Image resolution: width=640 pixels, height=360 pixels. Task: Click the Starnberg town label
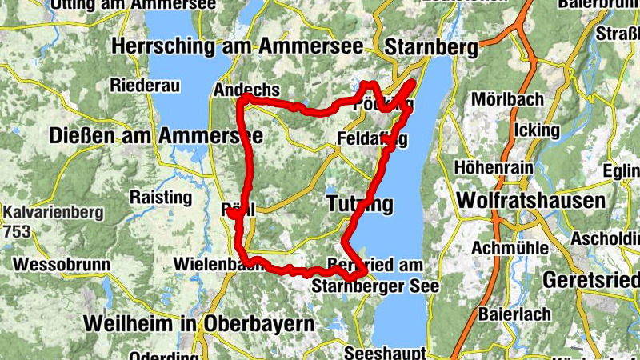click(430, 47)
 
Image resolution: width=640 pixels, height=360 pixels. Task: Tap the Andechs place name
click(246, 90)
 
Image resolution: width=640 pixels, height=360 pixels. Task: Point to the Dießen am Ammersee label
click(156, 136)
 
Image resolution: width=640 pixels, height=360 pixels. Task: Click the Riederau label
click(143, 85)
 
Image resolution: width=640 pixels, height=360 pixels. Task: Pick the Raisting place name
click(162, 197)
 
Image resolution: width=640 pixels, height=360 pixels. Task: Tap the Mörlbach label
click(507, 99)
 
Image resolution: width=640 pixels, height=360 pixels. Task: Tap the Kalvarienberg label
click(52, 214)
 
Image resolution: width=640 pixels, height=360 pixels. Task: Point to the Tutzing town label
click(360, 204)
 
